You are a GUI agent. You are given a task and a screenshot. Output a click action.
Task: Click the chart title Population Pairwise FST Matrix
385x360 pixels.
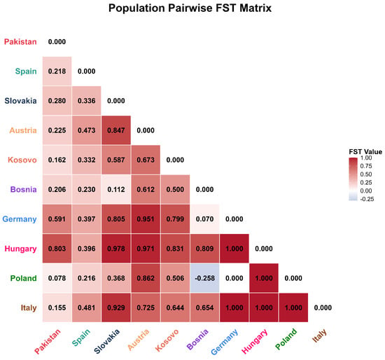(190, 8)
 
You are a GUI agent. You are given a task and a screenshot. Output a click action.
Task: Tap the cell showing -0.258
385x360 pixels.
(205, 278)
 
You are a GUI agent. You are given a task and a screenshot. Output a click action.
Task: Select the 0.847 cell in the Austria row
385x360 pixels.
(116, 130)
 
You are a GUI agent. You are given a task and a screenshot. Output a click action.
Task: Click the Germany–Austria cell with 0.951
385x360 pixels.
(146, 219)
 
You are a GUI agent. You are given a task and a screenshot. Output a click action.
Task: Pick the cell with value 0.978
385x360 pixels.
(116, 249)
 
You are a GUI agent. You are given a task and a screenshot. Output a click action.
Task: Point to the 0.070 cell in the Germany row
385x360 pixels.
(205, 219)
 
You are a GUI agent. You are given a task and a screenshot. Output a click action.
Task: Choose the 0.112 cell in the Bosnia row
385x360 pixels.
(116, 190)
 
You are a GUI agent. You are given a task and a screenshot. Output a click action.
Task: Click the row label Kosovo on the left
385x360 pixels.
(22, 160)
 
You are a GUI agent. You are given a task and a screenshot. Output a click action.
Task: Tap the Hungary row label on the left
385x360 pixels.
(20, 249)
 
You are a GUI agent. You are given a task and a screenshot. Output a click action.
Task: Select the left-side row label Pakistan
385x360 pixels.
(20, 42)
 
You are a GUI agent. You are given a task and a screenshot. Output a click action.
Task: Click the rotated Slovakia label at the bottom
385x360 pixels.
(106, 341)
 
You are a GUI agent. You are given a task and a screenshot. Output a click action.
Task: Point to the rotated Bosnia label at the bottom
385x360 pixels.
(197, 339)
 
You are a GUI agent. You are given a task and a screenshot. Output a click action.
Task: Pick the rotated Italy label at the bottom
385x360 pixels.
(319, 335)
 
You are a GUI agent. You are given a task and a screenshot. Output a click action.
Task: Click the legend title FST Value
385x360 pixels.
(365, 151)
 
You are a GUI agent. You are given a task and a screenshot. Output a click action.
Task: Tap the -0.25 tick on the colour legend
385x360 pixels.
(367, 199)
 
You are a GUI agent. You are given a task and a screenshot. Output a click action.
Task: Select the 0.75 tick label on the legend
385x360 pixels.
(366, 166)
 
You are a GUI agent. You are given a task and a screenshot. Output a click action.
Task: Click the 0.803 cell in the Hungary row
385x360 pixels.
(57, 249)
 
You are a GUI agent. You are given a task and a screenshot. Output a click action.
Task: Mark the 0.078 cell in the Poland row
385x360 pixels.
(57, 278)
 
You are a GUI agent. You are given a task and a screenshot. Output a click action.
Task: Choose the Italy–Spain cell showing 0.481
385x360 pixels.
(86, 307)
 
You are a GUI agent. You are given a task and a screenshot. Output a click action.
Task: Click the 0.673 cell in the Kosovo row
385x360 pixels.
(146, 160)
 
